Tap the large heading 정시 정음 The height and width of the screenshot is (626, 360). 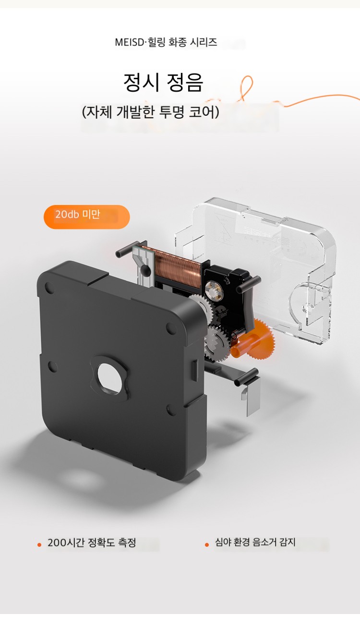click(x=163, y=82)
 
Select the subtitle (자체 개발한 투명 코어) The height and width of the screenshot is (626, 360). click(x=151, y=112)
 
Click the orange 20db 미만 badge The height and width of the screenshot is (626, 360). click(x=87, y=217)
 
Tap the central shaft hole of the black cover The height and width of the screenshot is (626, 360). click(x=109, y=375)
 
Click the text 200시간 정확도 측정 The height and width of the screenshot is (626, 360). click(x=92, y=542)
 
